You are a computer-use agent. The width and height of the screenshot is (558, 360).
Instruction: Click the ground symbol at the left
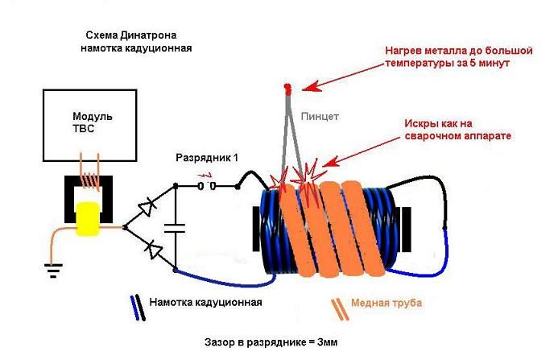click(53, 271)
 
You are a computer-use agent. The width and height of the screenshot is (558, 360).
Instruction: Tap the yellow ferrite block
click(89, 218)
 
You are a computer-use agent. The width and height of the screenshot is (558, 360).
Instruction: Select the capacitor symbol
click(175, 228)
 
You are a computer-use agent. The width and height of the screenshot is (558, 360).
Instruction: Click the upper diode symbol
click(147, 208)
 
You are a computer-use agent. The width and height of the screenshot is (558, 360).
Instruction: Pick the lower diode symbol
click(154, 249)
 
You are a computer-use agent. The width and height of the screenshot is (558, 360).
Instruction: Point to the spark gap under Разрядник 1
click(207, 186)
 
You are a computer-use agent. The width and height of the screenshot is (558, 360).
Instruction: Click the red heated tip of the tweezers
click(287, 89)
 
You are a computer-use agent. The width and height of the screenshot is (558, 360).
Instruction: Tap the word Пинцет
click(320, 117)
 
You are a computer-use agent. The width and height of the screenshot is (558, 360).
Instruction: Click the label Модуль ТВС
click(92, 122)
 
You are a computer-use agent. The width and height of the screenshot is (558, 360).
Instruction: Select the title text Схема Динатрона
click(131, 35)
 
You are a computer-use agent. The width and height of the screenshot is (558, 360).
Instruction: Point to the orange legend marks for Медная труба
click(340, 309)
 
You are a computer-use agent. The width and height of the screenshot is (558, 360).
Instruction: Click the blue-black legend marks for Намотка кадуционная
click(138, 308)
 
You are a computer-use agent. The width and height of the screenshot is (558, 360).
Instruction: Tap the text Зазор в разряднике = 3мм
click(271, 342)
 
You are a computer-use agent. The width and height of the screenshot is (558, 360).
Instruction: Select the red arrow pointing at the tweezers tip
click(343, 77)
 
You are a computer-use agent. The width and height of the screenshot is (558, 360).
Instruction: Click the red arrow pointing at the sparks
click(362, 151)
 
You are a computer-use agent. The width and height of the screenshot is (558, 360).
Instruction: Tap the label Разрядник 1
click(207, 158)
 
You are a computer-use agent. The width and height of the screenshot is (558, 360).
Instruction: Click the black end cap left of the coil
click(256, 229)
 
